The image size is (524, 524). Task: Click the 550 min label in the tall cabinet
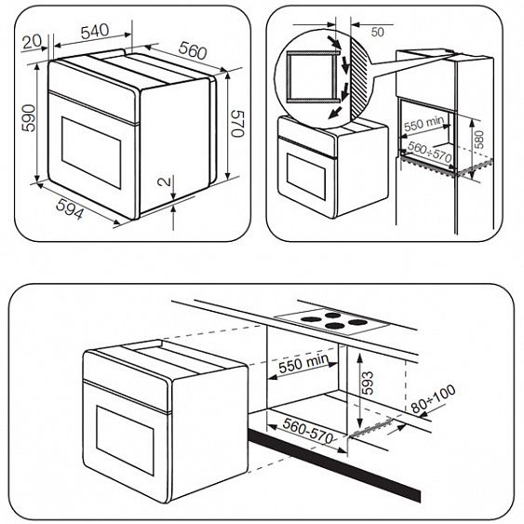tap(425, 123)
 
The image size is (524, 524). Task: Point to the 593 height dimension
tap(366, 383)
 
